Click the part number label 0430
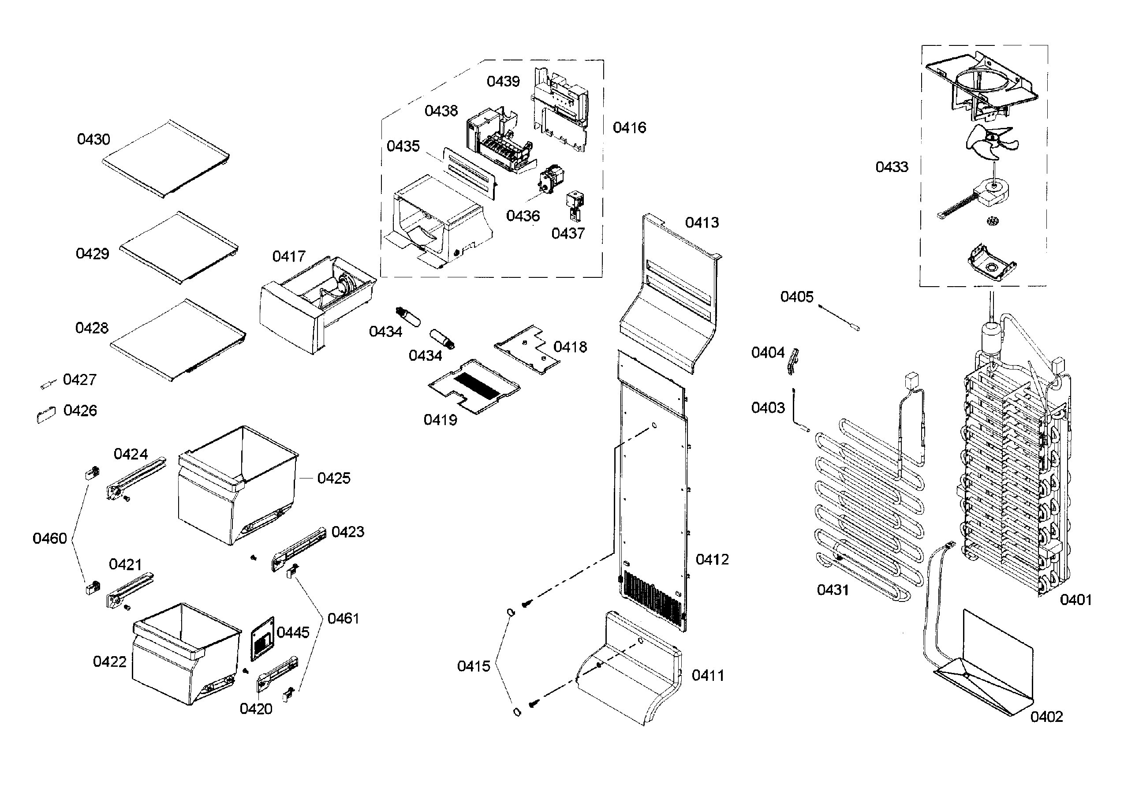tap(93, 139)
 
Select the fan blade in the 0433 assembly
tap(990, 143)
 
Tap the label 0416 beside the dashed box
tap(630, 128)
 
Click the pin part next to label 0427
tap(49, 384)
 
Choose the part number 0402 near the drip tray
tap(1047, 717)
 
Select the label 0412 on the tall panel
tap(712, 560)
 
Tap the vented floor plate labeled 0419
tap(474, 386)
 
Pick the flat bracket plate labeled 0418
tap(527, 349)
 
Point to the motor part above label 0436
tap(551, 179)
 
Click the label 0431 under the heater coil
tap(833, 590)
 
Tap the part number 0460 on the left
tap(49, 538)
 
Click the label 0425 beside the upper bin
tap(334, 478)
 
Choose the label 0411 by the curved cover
tap(708, 676)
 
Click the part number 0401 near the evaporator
tap(1075, 600)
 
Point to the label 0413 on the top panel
tap(702, 223)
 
